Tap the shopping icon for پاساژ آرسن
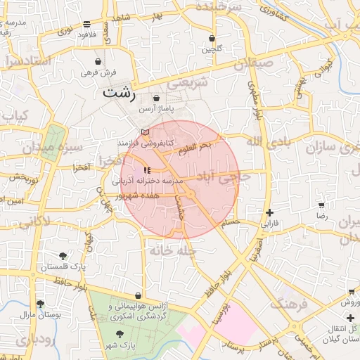[x=156, y=98]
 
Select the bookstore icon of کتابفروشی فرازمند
[x=145, y=131]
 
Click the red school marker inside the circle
[x=146, y=170]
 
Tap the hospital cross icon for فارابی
[x=270, y=213]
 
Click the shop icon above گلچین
[x=212, y=38]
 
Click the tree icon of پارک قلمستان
[x=63, y=256]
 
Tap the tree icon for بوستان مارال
[x=40, y=304]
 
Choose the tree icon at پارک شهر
[x=121, y=334]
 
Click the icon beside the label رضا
[x=322, y=206]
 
